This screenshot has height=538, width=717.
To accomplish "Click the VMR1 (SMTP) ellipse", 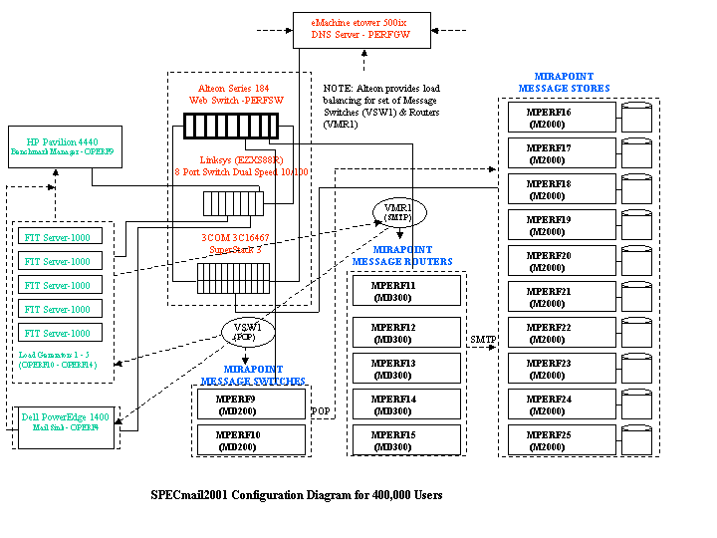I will coord(397,212).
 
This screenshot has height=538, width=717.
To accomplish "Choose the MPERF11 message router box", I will coord(407,291).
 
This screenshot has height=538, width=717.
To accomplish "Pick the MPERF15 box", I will coord(407,439).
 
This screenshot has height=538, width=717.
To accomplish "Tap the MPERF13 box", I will coord(407,368).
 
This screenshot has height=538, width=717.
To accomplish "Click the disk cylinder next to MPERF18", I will coord(636,189).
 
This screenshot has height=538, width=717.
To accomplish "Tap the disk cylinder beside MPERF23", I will coord(636,369).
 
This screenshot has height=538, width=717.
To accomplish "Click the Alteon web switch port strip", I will coord(231,127).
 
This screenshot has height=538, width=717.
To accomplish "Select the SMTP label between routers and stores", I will coord(482,340).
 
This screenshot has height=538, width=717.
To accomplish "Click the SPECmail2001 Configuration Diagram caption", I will coord(297,495).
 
